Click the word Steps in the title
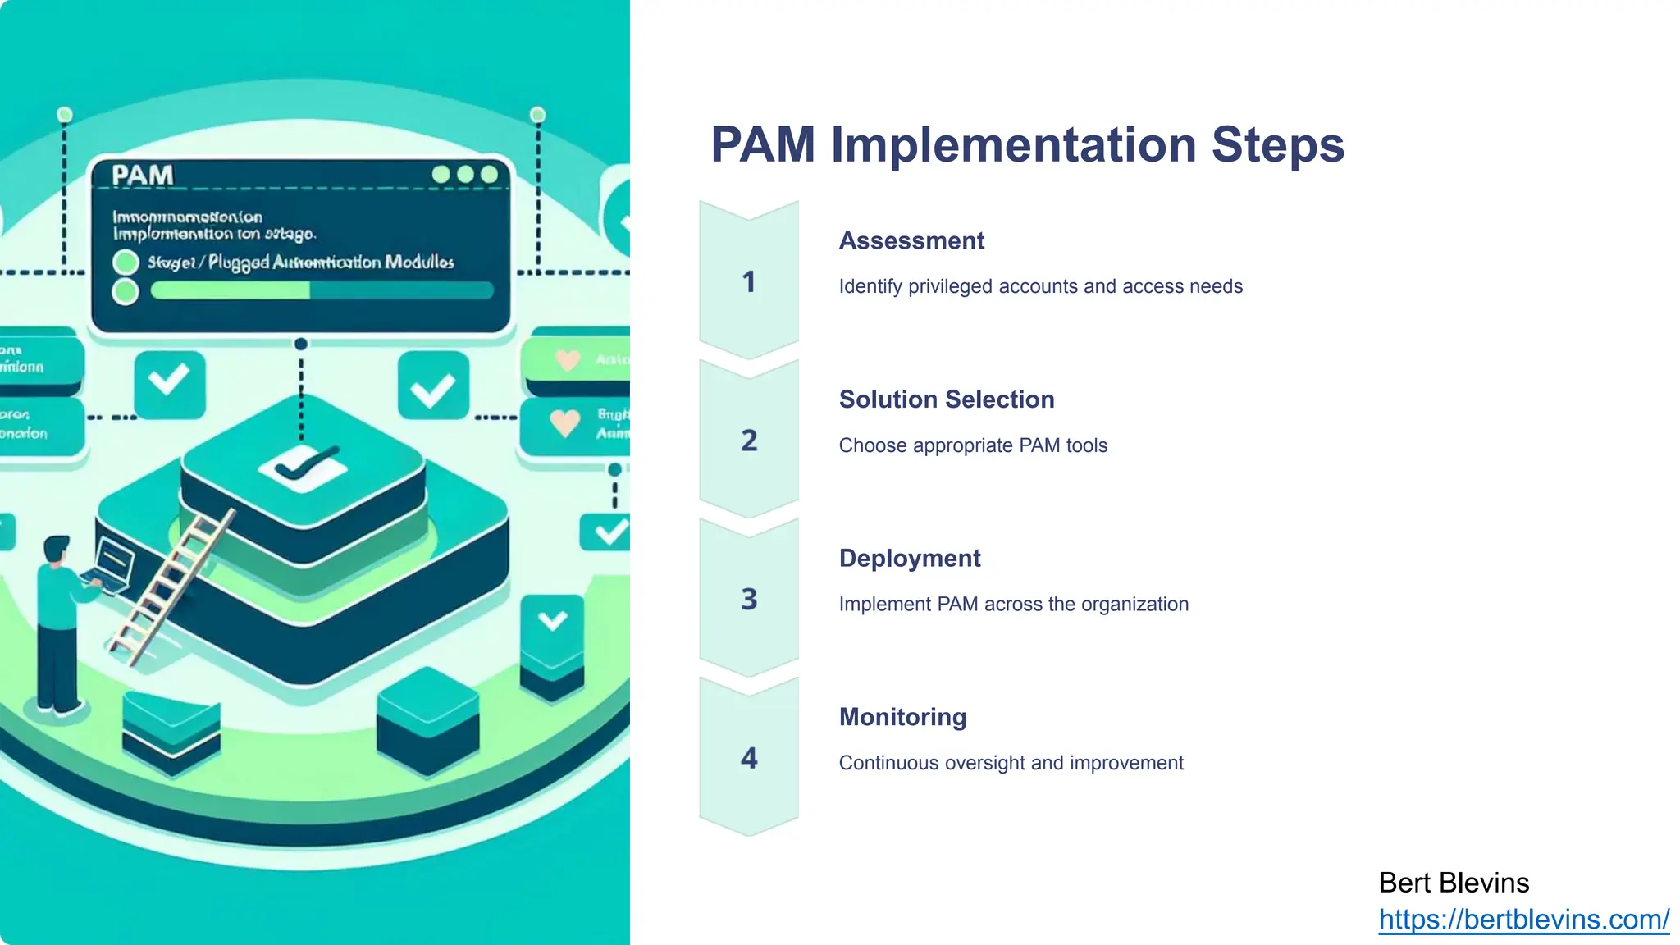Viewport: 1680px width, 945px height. tap(1277, 145)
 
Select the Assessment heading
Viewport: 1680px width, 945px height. tap(911, 241)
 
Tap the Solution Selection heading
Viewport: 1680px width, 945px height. tap(946, 399)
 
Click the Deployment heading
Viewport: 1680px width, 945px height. tap(909, 559)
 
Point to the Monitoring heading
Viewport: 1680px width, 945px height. tap(902, 717)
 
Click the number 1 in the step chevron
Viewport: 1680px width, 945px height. tap(748, 282)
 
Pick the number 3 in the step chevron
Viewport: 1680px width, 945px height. tap(748, 600)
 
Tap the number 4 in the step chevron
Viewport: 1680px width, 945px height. tap(748, 758)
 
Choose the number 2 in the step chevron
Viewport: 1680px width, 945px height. tap(748, 441)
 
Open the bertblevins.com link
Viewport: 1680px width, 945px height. tap(1523, 920)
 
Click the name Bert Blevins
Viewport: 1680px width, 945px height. tap(1454, 883)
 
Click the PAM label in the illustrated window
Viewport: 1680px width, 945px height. tap(143, 176)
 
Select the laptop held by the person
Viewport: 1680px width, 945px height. tap(113, 564)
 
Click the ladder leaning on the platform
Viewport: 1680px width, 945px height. tap(172, 587)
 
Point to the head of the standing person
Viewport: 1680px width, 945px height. tap(57, 550)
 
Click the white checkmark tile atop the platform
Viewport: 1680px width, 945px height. tap(303, 468)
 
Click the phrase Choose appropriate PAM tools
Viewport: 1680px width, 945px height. tap(973, 445)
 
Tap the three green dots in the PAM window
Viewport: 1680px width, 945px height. tap(464, 175)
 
